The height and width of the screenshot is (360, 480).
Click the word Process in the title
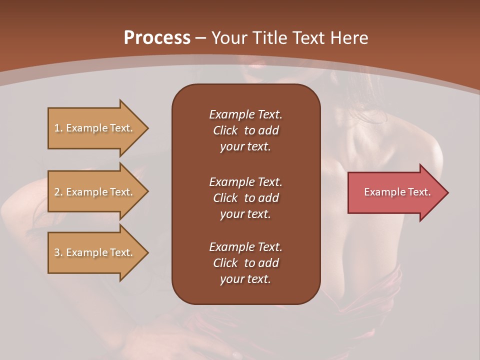point(157,38)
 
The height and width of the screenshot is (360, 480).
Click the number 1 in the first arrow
point(57,128)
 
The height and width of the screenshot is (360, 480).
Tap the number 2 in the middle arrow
point(57,192)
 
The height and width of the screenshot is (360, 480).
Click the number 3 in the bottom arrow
point(57,252)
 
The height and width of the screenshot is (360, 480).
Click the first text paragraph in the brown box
point(245,130)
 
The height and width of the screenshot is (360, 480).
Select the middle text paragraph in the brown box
point(245,198)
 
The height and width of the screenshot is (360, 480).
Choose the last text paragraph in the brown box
point(245,263)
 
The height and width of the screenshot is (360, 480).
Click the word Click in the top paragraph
point(225,130)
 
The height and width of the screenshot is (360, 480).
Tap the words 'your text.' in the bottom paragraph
point(245,279)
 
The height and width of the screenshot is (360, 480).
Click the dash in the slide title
point(200,38)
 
